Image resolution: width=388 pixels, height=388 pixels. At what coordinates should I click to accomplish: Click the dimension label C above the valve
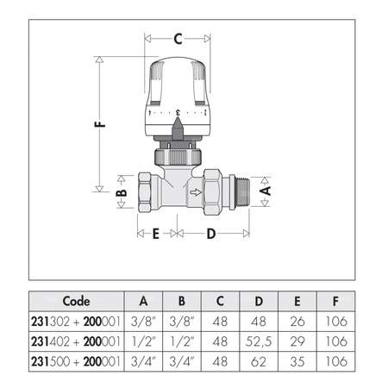[178, 38]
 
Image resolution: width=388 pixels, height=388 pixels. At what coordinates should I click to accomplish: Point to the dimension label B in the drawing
[122, 195]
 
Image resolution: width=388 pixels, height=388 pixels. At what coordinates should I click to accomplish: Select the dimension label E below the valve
[156, 233]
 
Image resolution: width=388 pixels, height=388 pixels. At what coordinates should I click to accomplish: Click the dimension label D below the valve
[212, 233]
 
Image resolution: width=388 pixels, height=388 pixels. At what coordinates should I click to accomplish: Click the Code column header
[77, 302]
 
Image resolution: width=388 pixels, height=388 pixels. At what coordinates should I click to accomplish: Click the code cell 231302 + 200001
[77, 322]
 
